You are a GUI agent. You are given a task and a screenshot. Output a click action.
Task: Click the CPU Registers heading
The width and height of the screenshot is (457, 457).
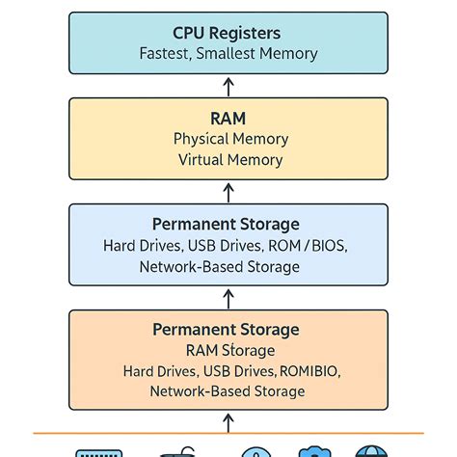[x=228, y=33]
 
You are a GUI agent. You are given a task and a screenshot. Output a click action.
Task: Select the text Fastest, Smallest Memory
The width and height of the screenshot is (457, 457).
[x=228, y=54]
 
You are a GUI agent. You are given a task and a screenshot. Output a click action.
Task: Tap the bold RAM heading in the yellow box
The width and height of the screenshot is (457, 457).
[x=228, y=118]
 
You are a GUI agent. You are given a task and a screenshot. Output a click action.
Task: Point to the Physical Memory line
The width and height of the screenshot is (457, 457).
[x=228, y=139]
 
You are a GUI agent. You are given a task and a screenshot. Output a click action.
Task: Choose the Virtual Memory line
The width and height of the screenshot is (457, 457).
[x=228, y=160]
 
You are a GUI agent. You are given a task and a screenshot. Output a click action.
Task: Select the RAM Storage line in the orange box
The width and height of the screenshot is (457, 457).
[x=228, y=350]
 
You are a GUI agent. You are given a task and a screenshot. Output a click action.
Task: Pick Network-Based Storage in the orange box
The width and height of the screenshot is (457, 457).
[x=228, y=391]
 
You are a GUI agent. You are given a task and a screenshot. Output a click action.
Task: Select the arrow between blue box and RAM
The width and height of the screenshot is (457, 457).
[x=228, y=191]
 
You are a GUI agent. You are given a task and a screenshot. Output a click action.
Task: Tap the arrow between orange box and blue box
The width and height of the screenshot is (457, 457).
[x=228, y=297]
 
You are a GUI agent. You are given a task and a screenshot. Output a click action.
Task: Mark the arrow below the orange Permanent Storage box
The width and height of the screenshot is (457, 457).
[x=228, y=421]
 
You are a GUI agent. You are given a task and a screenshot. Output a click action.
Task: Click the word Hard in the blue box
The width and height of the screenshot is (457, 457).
[x=120, y=245]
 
